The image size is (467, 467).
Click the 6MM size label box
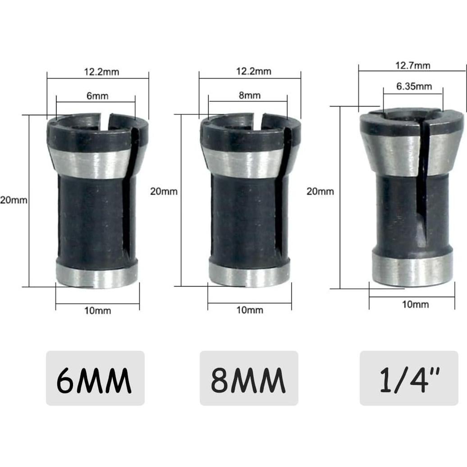coord(95,378)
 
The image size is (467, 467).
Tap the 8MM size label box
coord(249,378)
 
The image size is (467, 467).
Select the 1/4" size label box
coord(409,378)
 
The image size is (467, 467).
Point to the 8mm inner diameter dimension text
coord(249,96)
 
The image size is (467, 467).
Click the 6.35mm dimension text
coord(414,86)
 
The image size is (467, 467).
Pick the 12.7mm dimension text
coord(413,65)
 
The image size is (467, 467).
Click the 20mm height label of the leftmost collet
coord(14,200)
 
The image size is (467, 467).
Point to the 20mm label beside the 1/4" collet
coord(320,191)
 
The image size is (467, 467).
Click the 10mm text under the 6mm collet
coord(97,311)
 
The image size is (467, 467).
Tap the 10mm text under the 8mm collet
coord(249,310)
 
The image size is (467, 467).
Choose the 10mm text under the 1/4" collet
coord(415,304)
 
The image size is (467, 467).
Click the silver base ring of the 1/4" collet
coord(412,270)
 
